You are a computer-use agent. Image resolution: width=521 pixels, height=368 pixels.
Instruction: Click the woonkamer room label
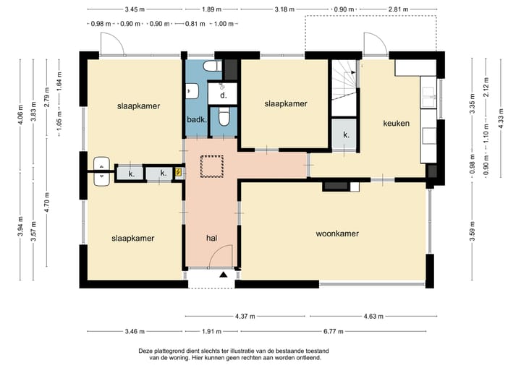click(x=337, y=234)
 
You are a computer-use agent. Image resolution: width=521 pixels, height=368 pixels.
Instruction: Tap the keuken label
click(x=396, y=124)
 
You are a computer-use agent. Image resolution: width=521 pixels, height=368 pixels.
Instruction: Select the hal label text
click(x=211, y=238)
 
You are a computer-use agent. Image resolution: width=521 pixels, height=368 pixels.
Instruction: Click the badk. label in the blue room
click(x=197, y=119)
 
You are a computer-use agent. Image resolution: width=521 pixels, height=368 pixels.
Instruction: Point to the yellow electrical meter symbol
click(x=179, y=172)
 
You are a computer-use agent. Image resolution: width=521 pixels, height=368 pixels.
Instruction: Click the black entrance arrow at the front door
click(x=224, y=274)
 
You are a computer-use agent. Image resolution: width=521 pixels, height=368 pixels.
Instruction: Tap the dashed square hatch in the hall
click(x=211, y=167)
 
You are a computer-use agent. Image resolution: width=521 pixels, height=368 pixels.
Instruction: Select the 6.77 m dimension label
click(x=334, y=331)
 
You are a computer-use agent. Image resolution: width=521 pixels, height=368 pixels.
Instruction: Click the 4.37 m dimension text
click(x=245, y=316)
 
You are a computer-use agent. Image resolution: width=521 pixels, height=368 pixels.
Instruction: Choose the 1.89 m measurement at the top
click(x=211, y=9)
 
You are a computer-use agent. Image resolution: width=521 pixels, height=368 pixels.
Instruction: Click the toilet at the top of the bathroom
click(x=212, y=66)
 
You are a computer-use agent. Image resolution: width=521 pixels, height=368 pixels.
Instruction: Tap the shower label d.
click(x=224, y=95)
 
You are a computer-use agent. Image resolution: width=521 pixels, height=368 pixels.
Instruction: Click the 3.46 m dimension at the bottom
click(x=135, y=331)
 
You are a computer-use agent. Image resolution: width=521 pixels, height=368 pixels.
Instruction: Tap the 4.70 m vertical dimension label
click(x=47, y=202)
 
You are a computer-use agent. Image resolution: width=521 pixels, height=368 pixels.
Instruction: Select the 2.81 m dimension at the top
click(x=399, y=9)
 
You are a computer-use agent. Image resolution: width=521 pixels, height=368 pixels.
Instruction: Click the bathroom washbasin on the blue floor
click(x=192, y=91)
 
